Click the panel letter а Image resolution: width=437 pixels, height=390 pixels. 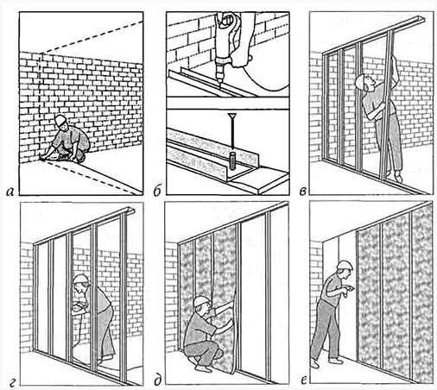[x=10, y=192]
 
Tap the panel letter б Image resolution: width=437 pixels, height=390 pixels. [x=157, y=191]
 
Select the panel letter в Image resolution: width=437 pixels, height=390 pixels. [x=302, y=192]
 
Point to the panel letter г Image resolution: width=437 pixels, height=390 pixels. [x=12, y=382]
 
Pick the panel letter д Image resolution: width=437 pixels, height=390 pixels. [x=157, y=381]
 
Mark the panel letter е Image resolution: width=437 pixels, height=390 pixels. [x=303, y=381]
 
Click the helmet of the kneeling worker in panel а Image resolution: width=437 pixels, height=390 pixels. [x=60, y=120]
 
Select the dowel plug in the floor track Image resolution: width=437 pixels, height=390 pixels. [x=232, y=161]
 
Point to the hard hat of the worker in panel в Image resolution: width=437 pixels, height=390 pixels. [x=359, y=81]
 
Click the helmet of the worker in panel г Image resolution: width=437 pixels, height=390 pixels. [x=81, y=279]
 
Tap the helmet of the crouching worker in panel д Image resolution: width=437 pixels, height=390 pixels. [x=200, y=301]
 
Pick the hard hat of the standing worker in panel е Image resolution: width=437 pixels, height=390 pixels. [x=345, y=265]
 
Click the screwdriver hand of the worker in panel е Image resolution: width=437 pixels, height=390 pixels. [x=350, y=289]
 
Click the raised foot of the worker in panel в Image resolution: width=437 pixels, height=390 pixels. [x=398, y=176]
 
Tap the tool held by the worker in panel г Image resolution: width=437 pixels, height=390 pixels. [x=79, y=307]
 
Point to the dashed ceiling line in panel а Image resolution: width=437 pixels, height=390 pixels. [x=92, y=37]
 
